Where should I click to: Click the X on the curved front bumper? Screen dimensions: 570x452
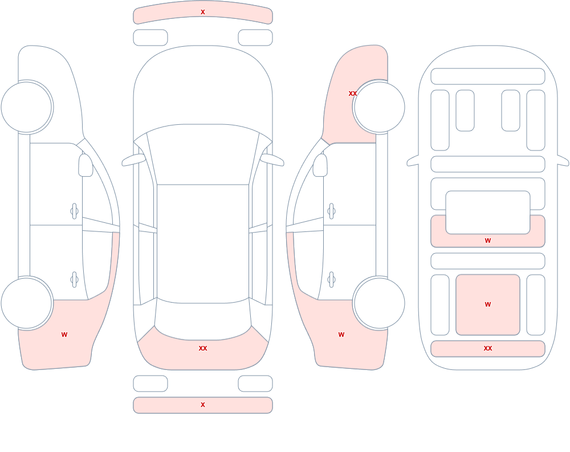203,12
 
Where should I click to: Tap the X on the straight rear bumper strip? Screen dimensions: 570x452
203,405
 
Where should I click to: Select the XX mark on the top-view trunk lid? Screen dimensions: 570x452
203,348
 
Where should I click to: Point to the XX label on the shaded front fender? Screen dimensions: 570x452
353,93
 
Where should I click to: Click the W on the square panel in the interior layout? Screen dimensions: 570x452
488,304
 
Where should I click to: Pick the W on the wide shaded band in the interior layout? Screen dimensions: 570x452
488,241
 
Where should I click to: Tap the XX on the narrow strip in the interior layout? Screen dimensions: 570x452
488,348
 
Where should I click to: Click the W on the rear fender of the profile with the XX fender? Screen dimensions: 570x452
341,335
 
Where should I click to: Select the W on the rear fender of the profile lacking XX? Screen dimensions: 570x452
64,335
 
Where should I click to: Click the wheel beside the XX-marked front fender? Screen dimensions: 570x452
379,107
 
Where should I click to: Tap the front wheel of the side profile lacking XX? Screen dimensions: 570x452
27,107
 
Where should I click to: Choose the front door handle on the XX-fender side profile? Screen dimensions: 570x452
331,211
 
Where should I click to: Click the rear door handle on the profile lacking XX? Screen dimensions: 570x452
75,280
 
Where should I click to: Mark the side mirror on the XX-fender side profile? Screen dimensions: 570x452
320,165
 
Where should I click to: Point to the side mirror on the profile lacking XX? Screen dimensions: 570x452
86,165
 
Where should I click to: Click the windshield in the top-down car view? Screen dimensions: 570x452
203,154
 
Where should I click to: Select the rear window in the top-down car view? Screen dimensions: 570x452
203,319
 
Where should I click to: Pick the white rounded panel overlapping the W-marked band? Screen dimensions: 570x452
488,213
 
